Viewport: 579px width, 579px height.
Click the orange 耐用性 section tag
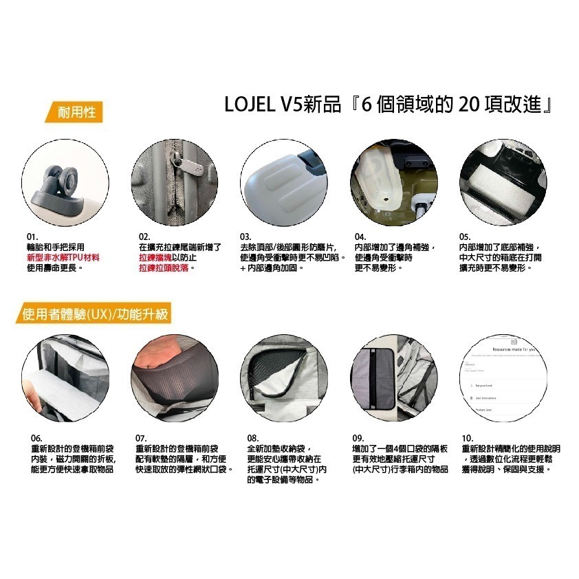[77, 111]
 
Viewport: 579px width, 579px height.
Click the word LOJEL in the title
[248, 105]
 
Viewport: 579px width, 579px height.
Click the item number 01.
[32, 237]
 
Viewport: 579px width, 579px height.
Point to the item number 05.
[465, 237]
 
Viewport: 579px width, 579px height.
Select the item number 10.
[468, 438]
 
